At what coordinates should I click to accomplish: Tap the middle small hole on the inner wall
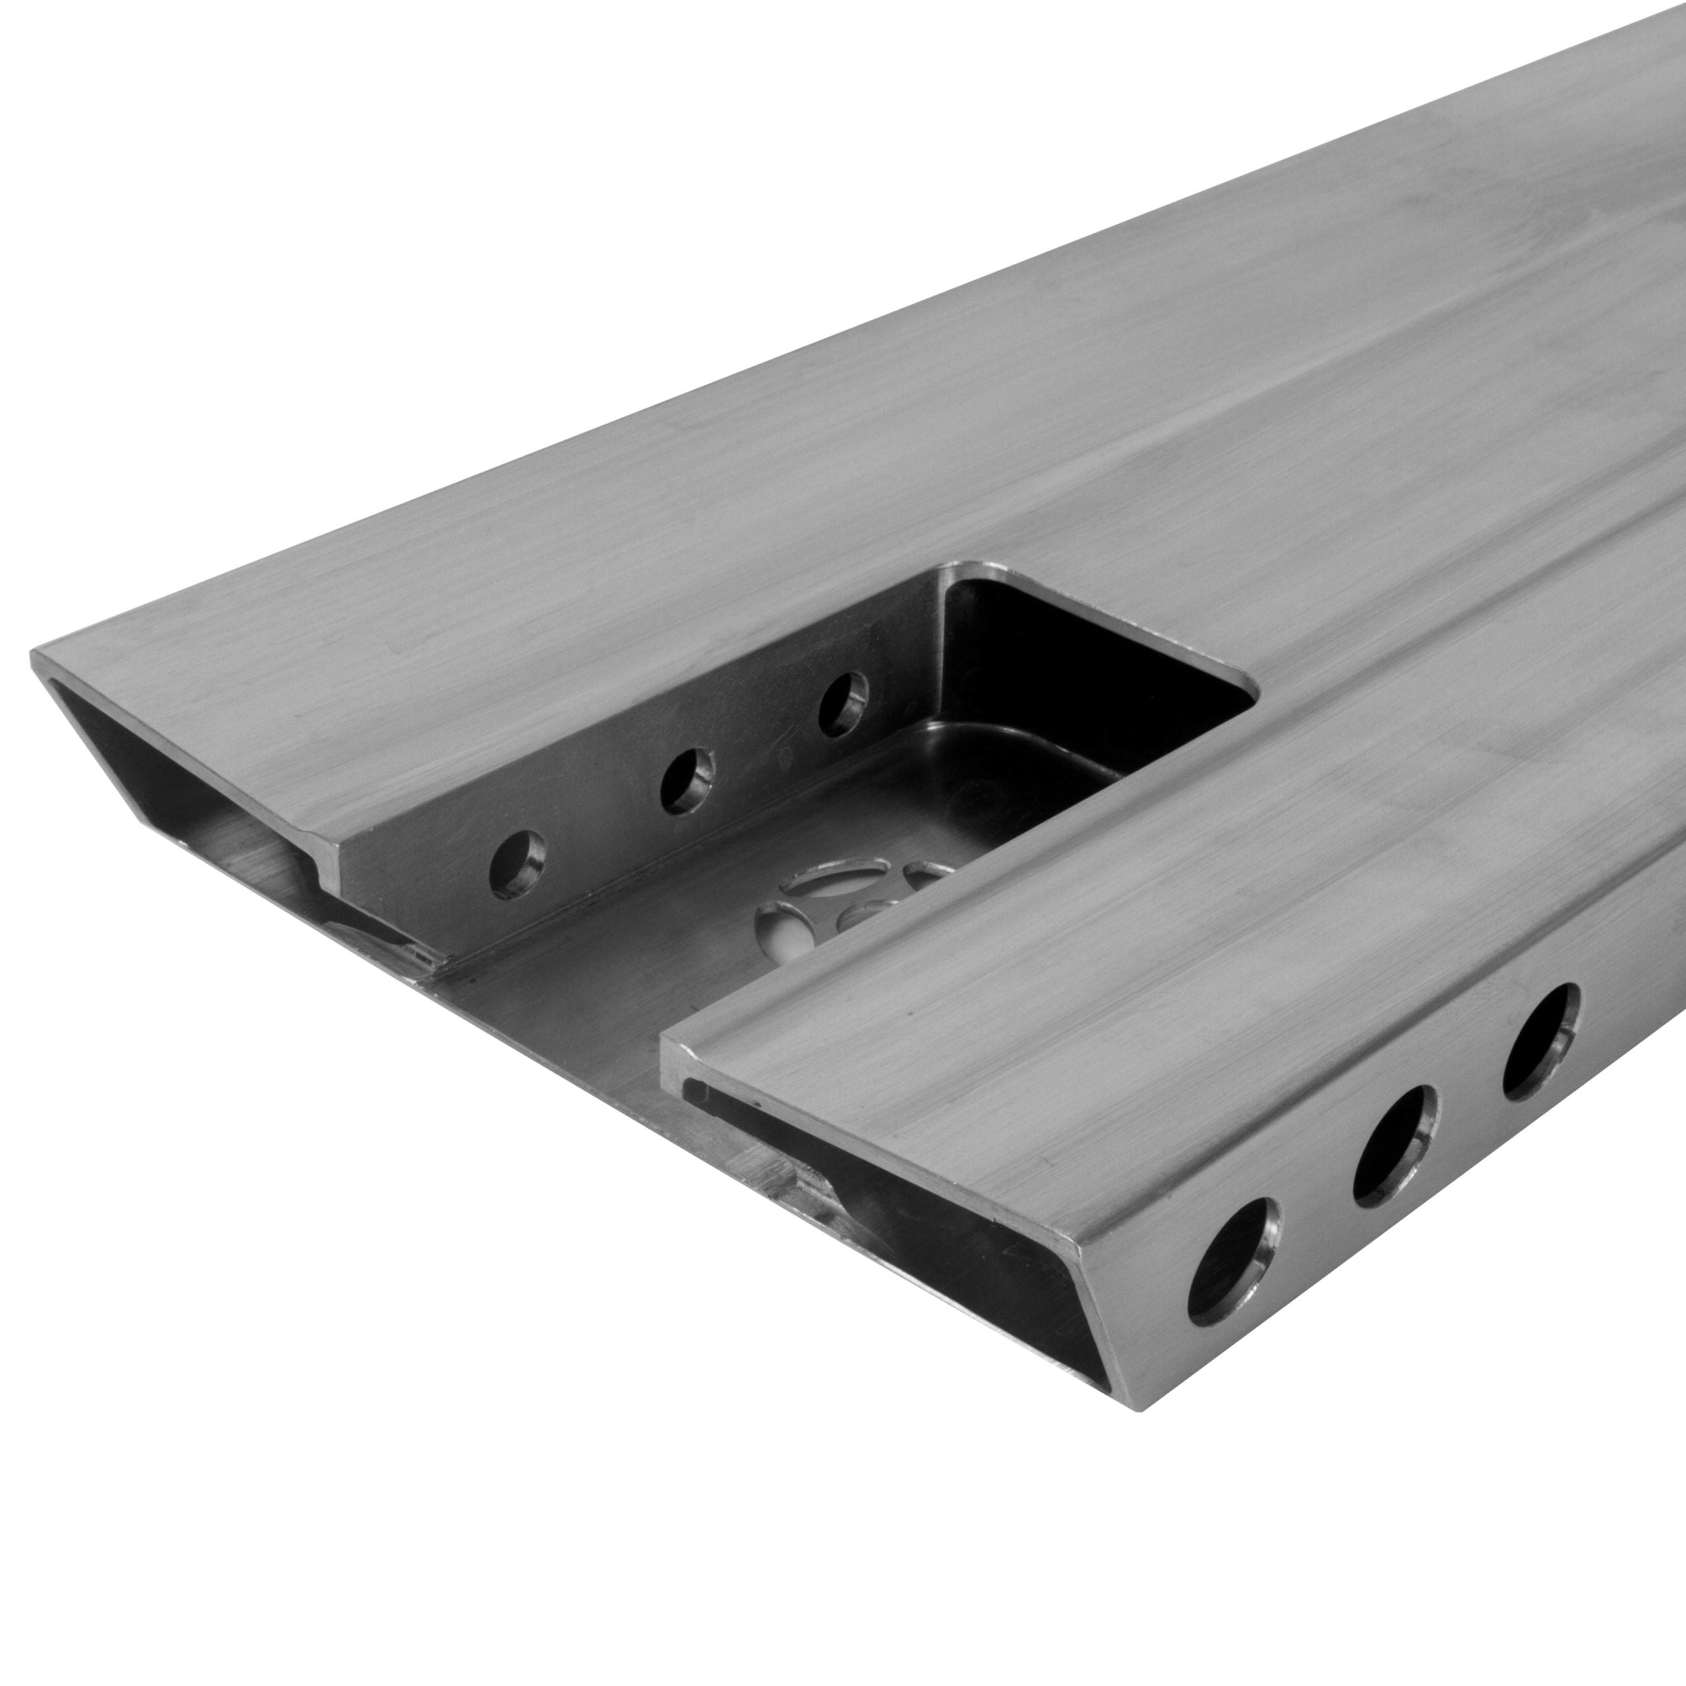click(x=686, y=778)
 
